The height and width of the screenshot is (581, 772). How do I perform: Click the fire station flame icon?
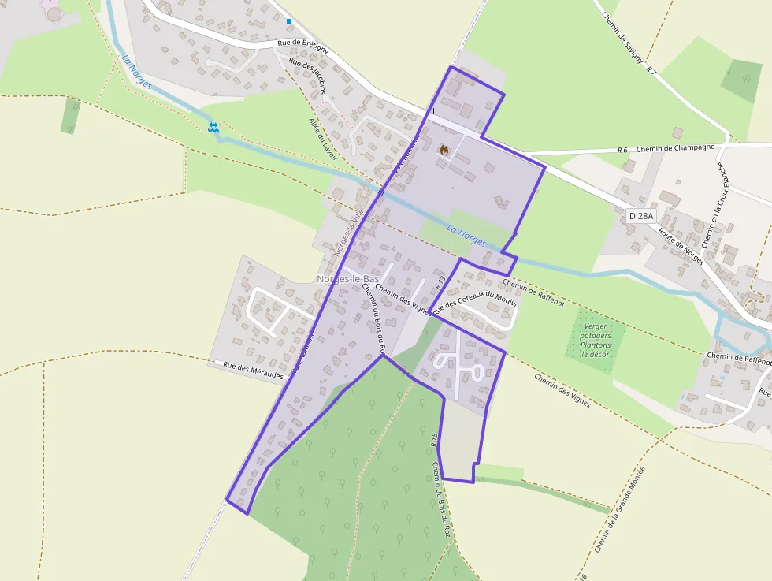(x=444, y=149)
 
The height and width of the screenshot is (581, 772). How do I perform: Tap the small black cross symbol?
(x=432, y=111)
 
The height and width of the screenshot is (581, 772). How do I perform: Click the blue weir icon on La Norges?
(x=213, y=126)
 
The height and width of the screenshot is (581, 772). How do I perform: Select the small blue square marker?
(x=289, y=21)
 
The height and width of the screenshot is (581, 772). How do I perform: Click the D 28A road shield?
(x=641, y=214)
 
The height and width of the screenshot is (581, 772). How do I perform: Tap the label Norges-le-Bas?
(x=347, y=279)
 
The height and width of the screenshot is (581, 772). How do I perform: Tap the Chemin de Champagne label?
(x=675, y=147)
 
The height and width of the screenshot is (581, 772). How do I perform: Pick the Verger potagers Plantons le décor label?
(x=596, y=340)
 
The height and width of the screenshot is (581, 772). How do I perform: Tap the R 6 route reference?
(x=622, y=150)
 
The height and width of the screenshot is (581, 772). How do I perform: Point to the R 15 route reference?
(x=434, y=440)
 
